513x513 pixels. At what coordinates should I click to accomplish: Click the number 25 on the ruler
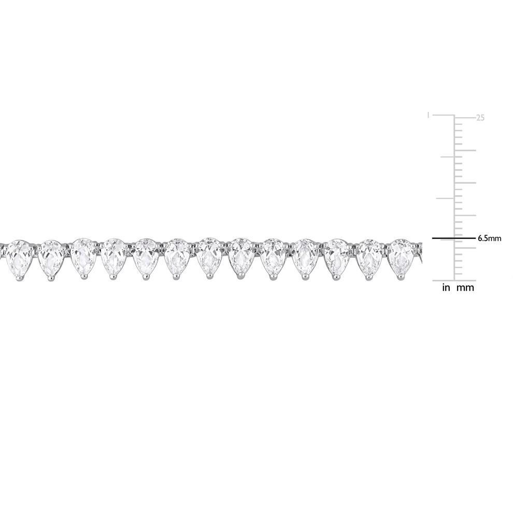pos(480,118)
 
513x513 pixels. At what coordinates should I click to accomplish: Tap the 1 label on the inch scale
pos(428,115)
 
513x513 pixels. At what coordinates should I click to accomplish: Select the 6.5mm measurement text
pos(489,239)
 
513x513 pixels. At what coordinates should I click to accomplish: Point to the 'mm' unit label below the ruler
pos(465,288)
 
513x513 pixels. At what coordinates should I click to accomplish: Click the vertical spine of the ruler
pos(454,197)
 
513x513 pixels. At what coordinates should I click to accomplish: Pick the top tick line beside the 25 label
pos(465,116)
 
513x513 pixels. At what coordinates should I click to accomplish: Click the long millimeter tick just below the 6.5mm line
pos(465,248)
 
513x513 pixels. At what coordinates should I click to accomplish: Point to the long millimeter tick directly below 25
pos(465,150)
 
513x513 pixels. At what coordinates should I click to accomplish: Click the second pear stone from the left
pos(50,257)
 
